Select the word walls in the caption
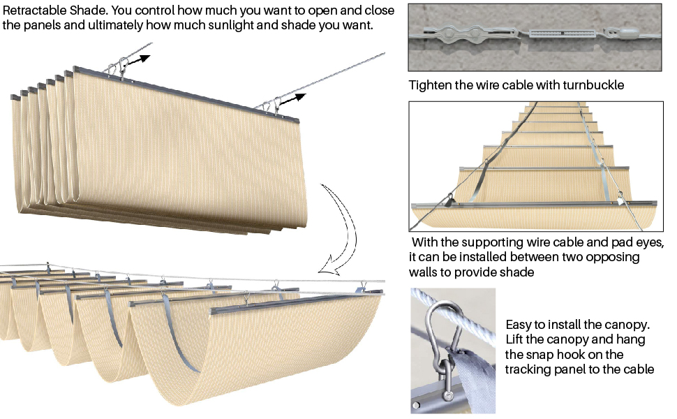pos(426,272)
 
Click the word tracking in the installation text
pos(528,369)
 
